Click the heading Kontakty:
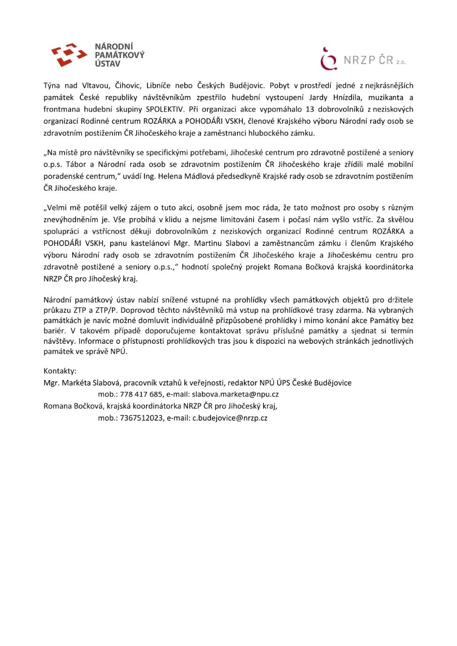click(60, 371)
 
